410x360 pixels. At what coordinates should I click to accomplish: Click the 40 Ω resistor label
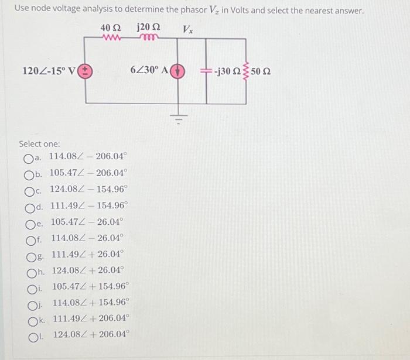click(111, 28)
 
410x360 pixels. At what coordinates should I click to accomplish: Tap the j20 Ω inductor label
click(148, 28)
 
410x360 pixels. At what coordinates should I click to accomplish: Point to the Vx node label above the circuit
click(188, 29)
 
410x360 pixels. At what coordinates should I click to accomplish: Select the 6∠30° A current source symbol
click(179, 71)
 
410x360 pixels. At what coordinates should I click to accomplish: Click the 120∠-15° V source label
click(49, 71)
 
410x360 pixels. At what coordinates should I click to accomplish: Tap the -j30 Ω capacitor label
click(227, 71)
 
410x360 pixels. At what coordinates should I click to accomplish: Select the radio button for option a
click(29, 157)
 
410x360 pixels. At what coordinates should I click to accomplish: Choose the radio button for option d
click(29, 207)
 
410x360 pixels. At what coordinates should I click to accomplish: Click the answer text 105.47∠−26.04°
click(87, 222)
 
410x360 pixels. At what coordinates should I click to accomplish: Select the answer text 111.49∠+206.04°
click(91, 319)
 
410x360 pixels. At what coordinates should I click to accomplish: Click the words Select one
click(39, 144)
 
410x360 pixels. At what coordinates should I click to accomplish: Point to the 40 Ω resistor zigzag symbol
click(111, 39)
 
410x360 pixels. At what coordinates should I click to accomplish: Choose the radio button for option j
click(32, 303)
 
